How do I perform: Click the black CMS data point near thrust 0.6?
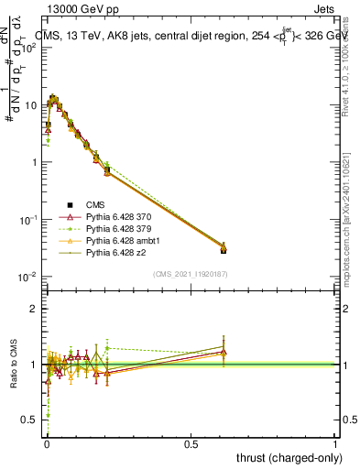(x=223, y=249)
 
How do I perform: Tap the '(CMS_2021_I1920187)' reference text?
(x=190, y=273)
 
